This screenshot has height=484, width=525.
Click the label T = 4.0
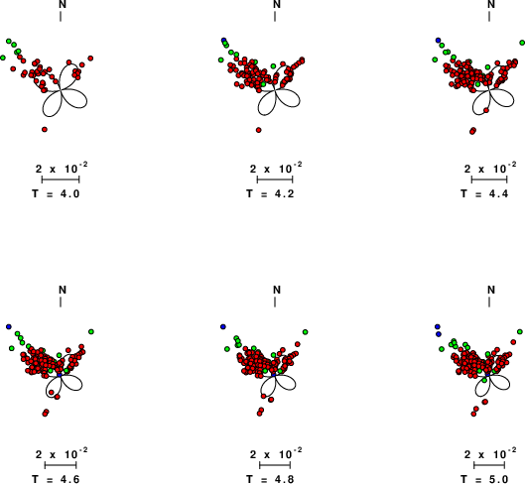pyautogui.click(x=56, y=193)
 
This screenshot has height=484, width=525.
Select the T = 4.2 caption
pyautogui.click(x=270, y=193)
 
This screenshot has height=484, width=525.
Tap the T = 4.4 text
pyautogui.click(x=484, y=193)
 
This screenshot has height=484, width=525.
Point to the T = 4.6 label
pyautogui.click(x=56, y=479)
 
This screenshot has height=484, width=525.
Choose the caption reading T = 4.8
pyautogui.click(x=270, y=479)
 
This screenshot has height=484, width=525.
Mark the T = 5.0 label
pyautogui.click(x=484, y=479)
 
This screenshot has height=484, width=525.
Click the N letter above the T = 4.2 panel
pyautogui.click(x=277, y=4)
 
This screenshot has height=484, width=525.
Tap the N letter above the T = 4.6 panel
pyautogui.click(x=63, y=290)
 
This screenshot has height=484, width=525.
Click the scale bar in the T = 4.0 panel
pyautogui.click(x=61, y=180)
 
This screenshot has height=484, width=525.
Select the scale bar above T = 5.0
pyautogui.click(x=489, y=465)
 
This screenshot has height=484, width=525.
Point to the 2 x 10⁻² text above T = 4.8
pyautogui.click(x=276, y=453)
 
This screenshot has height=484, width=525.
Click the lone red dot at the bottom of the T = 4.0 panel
pyautogui.click(x=45, y=129)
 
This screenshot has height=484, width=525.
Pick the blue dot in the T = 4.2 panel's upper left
pyautogui.click(x=223, y=40)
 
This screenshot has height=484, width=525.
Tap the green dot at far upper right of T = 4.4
pyautogui.click(x=522, y=43)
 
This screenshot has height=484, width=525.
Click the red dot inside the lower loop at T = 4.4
pyautogui.click(x=486, y=110)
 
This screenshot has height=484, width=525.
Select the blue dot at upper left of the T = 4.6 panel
pyautogui.click(x=9, y=326)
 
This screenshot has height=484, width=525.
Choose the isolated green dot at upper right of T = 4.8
pyautogui.click(x=305, y=332)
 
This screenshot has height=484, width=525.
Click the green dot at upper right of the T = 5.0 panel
pyautogui.click(x=520, y=331)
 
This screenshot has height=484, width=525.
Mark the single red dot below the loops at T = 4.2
pyautogui.click(x=258, y=130)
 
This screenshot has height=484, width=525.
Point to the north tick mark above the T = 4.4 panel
pyautogui.click(x=489, y=16)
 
